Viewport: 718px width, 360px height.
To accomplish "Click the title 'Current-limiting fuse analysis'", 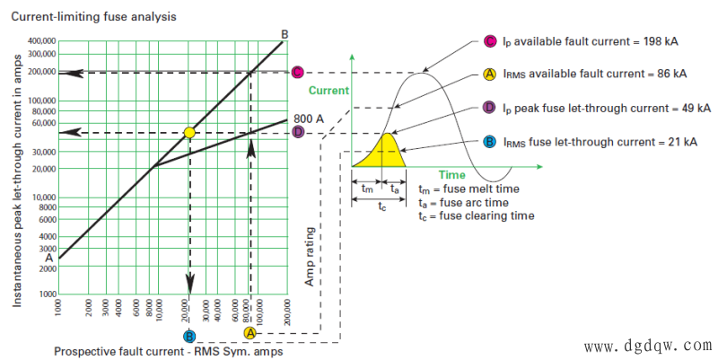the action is click(x=93, y=17).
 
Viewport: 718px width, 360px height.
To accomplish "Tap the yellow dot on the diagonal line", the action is click(x=189, y=133).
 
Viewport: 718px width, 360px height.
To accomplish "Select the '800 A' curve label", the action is click(x=309, y=119).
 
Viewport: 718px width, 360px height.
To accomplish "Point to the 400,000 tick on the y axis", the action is click(x=42, y=41).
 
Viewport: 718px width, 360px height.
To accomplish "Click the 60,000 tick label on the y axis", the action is click(x=44, y=123).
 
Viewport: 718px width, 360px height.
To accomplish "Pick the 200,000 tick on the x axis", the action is click(x=287, y=312).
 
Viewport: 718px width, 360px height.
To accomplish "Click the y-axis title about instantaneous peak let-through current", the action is click(x=17, y=181).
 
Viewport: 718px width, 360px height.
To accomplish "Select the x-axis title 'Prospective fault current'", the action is click(x=169, y=352).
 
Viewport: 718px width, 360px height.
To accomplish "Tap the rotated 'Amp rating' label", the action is click(x=310, y=257).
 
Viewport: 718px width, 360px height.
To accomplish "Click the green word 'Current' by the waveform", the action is click(x=328, y=91).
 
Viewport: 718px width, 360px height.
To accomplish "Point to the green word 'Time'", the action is click(x=452, y=175).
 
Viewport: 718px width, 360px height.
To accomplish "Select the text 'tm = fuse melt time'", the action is click(x=468, y=189).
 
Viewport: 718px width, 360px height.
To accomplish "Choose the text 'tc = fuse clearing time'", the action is click(x=477, y=215).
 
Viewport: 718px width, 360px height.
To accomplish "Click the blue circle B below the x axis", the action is click(x=189, y=337).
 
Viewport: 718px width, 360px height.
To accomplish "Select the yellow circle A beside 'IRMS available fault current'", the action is click(x=490, y=74).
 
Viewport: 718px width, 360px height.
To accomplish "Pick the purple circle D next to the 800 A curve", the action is click(x=299, y=132).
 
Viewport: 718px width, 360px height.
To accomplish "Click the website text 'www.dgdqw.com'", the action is click(x=648, y=346).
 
